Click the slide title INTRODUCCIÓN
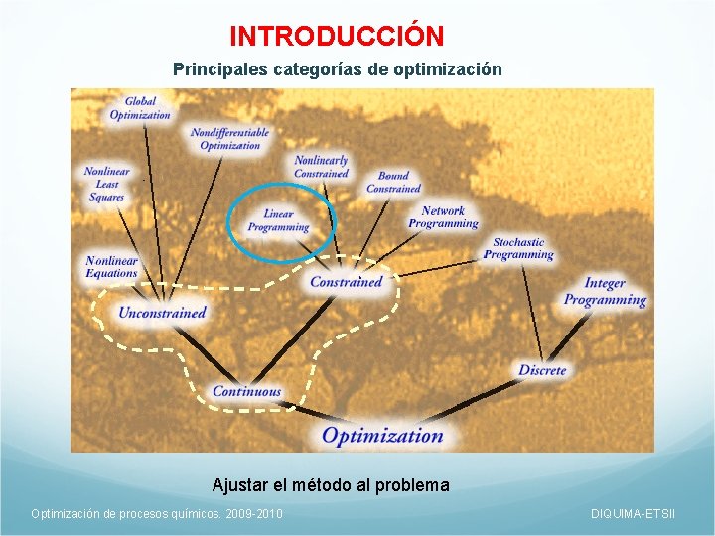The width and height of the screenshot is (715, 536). click(337, 36)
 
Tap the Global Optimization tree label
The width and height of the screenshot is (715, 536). click(140, 108)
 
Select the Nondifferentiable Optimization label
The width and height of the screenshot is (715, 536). click(229, 139)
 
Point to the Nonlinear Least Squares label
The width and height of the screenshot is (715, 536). click(106, 184)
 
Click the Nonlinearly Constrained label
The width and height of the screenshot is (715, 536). click(321, 167)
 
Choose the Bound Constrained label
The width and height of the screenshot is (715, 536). click(393, 182)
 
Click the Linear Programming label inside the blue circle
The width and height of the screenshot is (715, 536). click(279, 220)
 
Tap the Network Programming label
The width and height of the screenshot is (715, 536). click(443, 217)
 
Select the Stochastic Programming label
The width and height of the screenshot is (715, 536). click(518, 248)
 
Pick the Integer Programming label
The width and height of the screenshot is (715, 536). click(605, 292)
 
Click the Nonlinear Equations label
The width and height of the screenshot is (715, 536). click(111, 267)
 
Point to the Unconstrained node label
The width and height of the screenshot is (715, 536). click(162, 313)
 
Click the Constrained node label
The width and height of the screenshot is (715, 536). click(346, 282)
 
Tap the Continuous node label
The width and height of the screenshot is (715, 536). click(247, 391)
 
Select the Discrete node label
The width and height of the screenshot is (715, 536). click(542, 370)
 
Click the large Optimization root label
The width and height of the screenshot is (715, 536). click(382, 435)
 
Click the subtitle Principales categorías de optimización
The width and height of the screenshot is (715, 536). click(337, 70)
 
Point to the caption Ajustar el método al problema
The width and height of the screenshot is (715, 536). click(331, 485)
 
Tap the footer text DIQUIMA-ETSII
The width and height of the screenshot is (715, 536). click(633, 513)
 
